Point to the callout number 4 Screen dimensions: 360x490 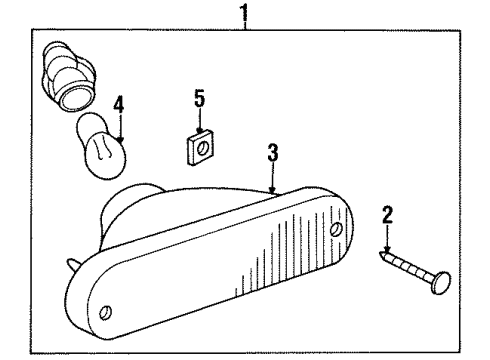click(119, 104)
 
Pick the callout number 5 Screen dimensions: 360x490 click(198, 100)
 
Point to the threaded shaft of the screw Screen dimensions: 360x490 click(405, 286)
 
